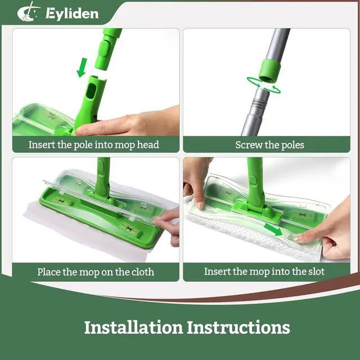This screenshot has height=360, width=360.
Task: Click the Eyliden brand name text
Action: pyautogui.click(x=72, y=13)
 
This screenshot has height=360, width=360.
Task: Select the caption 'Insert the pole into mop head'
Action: pyautogui.click(x=94, y=145)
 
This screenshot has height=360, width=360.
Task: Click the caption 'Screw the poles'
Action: pyautogui.click(x=269, y=145)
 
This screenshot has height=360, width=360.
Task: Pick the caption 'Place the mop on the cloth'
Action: pyautogui.click(x=96, y=272)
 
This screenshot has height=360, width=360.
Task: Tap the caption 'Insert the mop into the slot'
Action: pyautogui.click(x=264, y=272)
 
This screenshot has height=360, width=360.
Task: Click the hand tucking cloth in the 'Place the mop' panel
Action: pyautogui.click(x=168, y=224)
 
